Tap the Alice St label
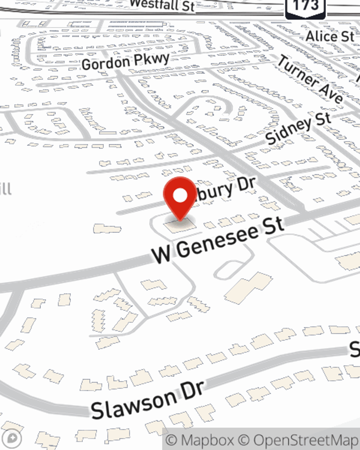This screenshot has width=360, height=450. [330, 36]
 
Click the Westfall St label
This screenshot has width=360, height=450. [162, 5]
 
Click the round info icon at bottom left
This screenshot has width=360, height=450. [12, 438]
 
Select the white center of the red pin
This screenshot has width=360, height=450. [180, 195]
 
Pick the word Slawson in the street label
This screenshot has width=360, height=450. [133, 404]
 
